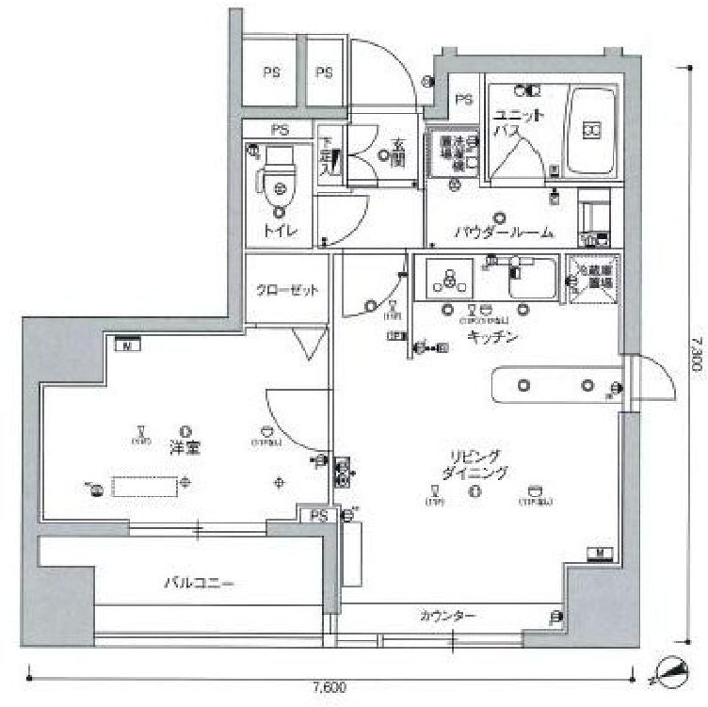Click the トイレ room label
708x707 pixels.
(278, 231)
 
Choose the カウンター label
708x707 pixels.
(447, 617)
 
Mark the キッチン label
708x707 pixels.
(485, 337)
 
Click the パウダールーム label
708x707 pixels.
(504, 233)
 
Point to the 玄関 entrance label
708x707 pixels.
(399, 153)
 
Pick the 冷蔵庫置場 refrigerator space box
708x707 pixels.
(593, 280)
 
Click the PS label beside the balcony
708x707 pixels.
(319, 515)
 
